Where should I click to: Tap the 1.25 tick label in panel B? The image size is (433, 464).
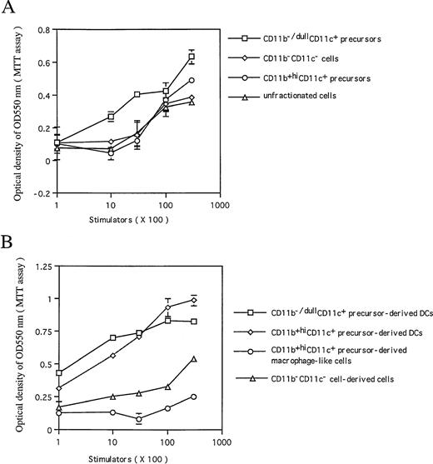point(36,266)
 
